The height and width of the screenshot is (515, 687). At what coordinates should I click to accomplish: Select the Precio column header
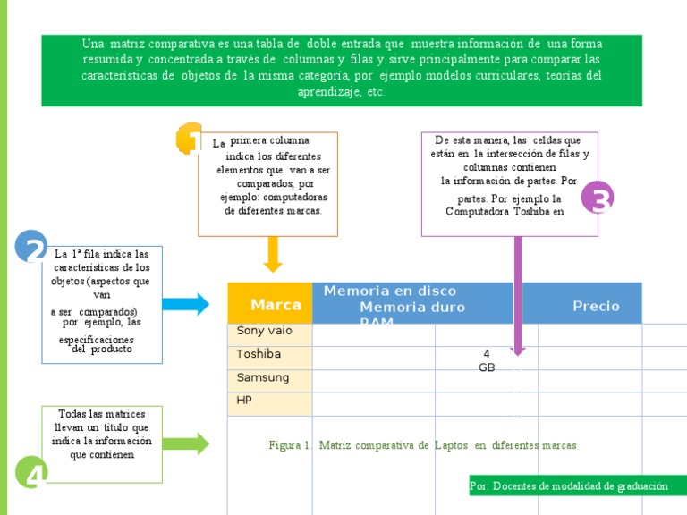pos(596,306)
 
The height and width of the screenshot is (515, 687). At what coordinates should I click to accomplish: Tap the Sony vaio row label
pos(264,331)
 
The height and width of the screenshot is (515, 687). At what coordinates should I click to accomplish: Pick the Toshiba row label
pos(259,354)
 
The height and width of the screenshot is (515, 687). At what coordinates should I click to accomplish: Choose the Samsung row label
pos(263,377)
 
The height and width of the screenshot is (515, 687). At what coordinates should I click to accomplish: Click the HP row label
pos(244,401)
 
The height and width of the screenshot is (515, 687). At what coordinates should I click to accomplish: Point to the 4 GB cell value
pos(487,360)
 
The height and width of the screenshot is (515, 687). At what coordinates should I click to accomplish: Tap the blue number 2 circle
pos(31,248)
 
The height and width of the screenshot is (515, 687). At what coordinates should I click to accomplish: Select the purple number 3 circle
pos(598,198)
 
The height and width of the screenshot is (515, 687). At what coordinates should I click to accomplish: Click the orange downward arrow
pos(273,254)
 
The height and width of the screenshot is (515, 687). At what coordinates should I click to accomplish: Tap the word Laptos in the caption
pos(452,445)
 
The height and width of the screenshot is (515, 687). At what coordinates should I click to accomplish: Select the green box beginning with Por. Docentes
pos(569,485)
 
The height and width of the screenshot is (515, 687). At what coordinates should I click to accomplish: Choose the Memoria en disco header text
pos(389,291)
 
